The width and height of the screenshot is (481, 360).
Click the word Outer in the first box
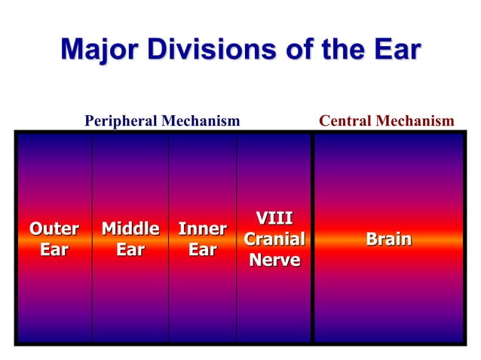(x=54, y=228)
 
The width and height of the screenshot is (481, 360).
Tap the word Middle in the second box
(x=130, y=228)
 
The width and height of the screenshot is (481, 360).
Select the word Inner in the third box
(x=202, y=228)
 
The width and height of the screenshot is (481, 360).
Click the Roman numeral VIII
(x=274, y=218)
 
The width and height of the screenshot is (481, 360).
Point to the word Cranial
(x=274, y=239)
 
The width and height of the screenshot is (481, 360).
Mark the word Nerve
(x=274, y=261)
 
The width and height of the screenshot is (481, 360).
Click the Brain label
(x=388, y=239)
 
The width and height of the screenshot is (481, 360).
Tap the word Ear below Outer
(x=54, y=249)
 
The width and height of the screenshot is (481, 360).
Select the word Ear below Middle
(x=130, y=249)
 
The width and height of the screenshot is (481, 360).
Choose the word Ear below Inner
(x=202, y=249)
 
